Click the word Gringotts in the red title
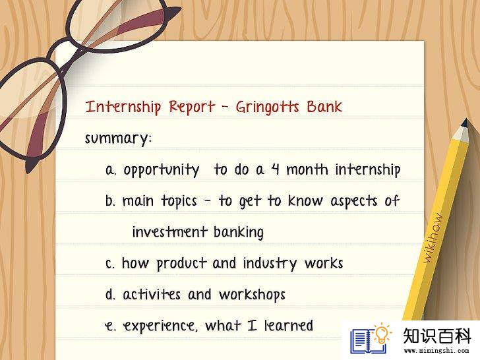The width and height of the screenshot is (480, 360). coord(267,107)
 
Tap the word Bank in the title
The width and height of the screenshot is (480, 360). coord(324,107)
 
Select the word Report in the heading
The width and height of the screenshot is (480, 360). coord(192,107)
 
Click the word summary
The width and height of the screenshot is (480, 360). coord(118,138)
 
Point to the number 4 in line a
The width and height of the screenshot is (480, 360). coord(276,169)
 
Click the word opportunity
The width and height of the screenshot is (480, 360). coord(162,170)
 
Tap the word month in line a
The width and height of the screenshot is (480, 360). coord(307,169)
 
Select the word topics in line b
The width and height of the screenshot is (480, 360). coord(179,202)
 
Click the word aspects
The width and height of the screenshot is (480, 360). coord(354,201)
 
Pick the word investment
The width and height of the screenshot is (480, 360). coord(170,231)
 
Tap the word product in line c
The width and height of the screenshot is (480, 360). coord(181,264)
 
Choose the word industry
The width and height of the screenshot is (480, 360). coord(270,264)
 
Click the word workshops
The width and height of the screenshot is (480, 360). coord(252,295)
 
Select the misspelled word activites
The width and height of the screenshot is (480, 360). coord(152,295)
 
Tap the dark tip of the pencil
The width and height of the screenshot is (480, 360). coord(465,123)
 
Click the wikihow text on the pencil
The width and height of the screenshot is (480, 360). coord(433,238)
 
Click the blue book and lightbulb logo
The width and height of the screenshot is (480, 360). coord(371,339)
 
